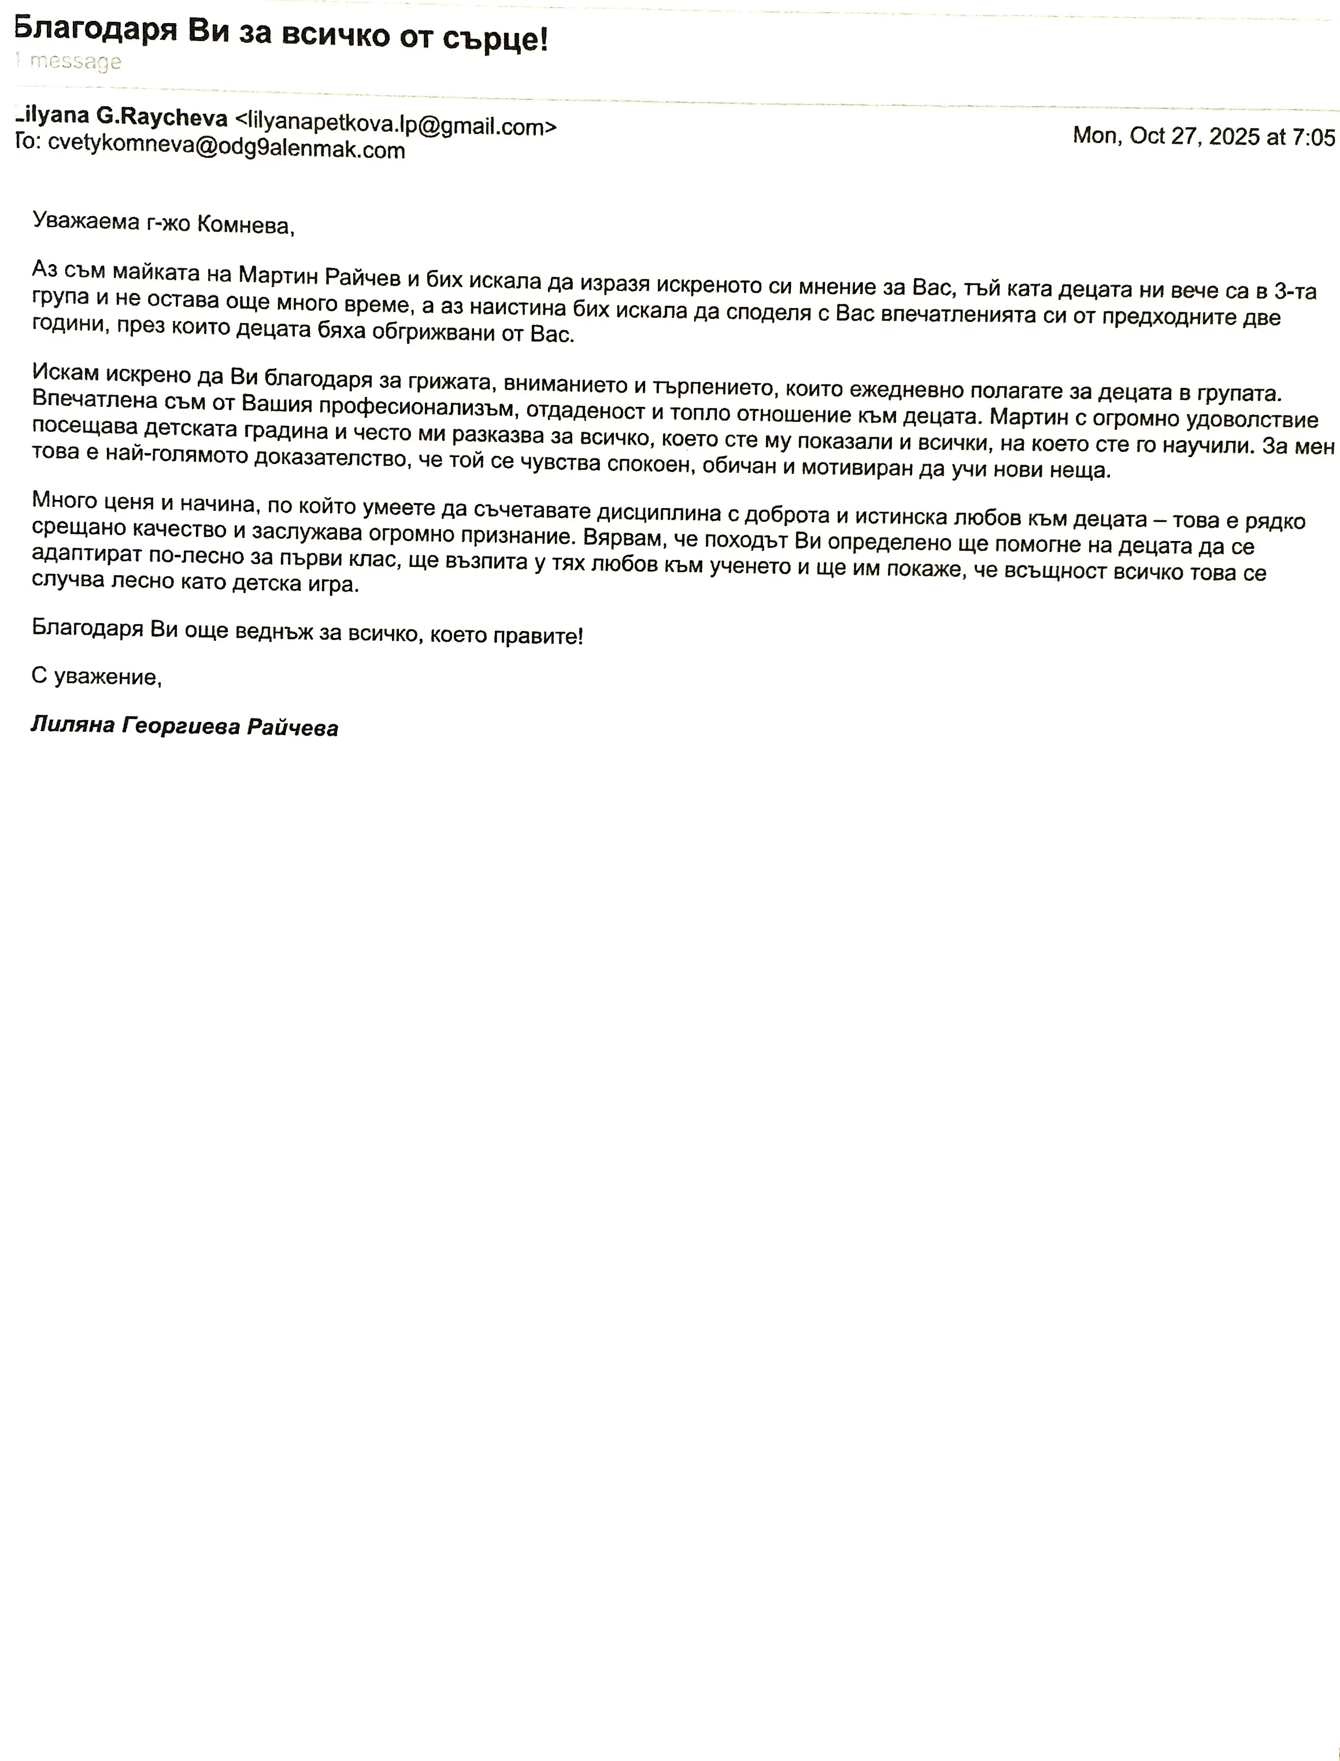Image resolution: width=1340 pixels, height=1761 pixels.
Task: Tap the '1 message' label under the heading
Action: tap(70, 61)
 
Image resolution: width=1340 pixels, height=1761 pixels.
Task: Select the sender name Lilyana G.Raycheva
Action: tap(122, 117)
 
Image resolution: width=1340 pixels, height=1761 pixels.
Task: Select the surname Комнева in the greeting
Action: tap(246, 225)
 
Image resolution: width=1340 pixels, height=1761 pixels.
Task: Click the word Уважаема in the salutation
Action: tap(86, 220)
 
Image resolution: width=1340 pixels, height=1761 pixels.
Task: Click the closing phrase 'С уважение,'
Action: tap(97, 677)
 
